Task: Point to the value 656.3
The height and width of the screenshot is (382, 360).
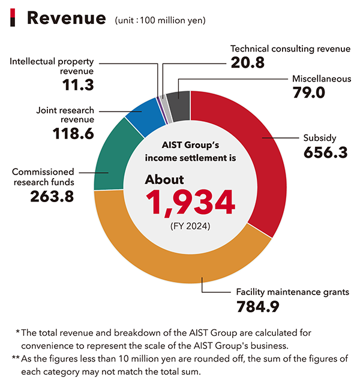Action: tap(325, 152)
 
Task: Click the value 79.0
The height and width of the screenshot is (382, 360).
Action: tap(309, 92)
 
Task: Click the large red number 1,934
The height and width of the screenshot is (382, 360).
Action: tap(193, 203)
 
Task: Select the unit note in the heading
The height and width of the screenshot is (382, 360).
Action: tap(160, 20)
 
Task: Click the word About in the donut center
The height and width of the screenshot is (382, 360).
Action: tap(164, 180)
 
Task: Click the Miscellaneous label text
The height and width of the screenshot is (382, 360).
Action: tap(321, 79)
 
